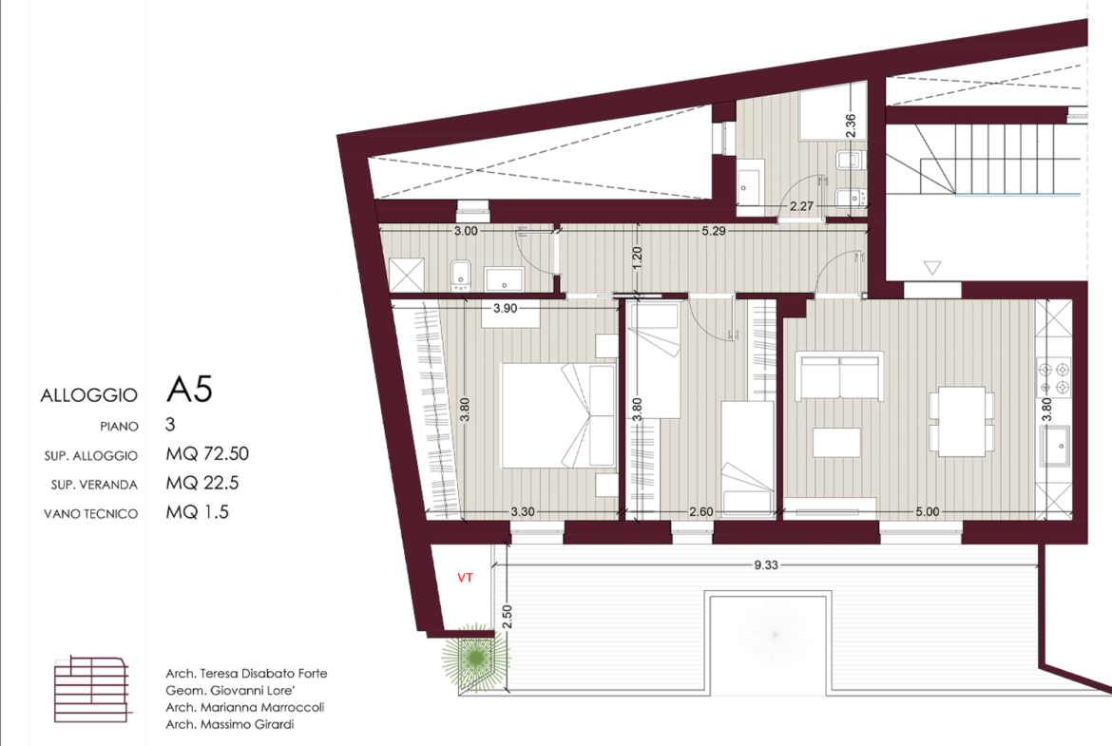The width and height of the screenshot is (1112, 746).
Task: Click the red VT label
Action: pos(465,578)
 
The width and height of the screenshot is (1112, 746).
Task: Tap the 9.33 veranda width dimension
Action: pos(766,565)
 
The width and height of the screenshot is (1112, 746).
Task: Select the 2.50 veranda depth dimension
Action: pos(507,616)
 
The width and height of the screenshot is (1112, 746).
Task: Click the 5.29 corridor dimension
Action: pos(714,231)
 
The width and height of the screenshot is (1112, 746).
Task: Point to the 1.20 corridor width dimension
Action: pos(637,258)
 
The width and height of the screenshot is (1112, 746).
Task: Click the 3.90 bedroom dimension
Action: pos(505,309)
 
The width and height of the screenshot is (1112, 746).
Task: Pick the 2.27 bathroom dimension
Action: pos(801,206)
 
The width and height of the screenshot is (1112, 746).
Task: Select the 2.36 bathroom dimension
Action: pos(851,125)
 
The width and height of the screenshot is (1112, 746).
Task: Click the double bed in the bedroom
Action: pos(559,415)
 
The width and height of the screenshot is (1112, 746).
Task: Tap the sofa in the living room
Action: pos(839,375)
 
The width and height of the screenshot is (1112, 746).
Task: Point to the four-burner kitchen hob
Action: pos(1053,378)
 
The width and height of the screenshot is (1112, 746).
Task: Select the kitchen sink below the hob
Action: pos(1055,446)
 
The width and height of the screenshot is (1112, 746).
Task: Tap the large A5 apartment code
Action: pos(189,390)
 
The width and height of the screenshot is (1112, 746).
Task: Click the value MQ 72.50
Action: pos(207,454)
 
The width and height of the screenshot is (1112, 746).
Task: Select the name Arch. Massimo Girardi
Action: pos(230,724)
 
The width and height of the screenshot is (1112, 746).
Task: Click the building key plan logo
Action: pos(92,689)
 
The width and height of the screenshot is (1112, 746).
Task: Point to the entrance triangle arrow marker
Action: pos(932,268)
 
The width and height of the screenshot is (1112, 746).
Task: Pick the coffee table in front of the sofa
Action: pos(836,443)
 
